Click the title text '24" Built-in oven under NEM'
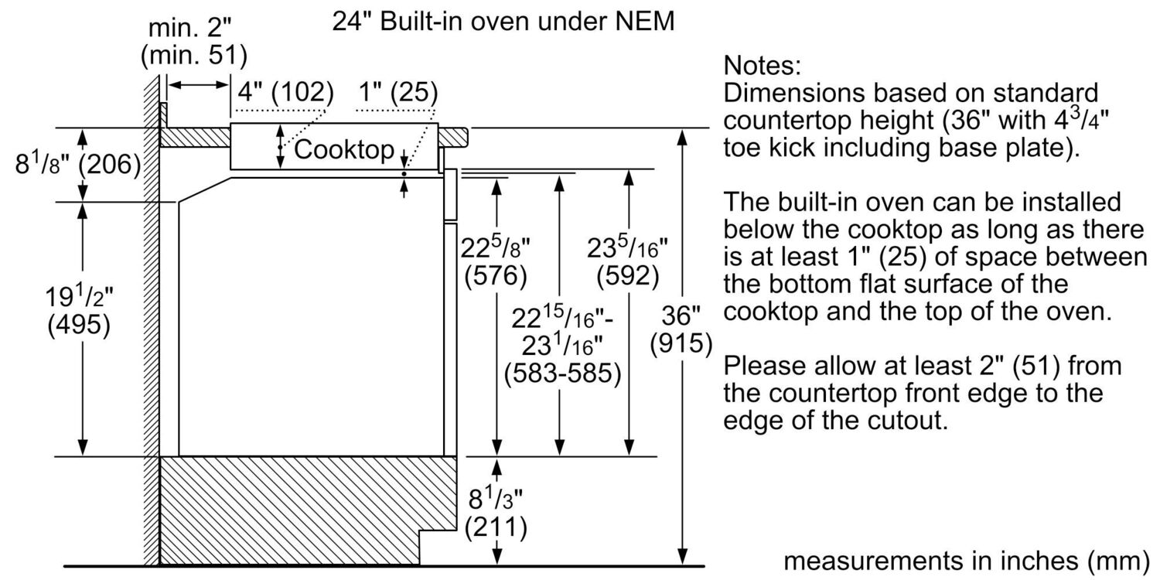503,22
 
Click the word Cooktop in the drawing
343,149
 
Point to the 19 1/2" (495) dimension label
78,312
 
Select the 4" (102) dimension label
285,94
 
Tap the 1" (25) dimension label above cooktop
397,94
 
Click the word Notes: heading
761,65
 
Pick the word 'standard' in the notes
1033,93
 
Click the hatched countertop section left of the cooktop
195,136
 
